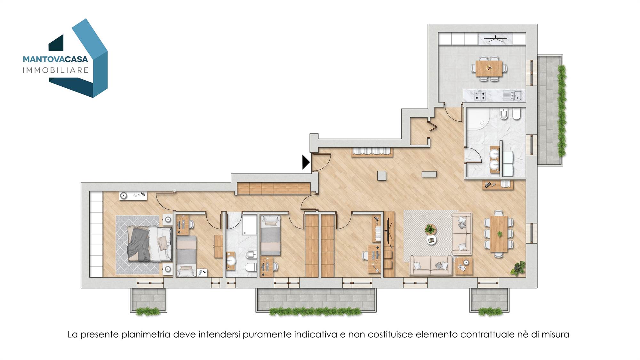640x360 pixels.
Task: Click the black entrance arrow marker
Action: [306, 162]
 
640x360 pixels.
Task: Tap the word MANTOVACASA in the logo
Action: [55, 59]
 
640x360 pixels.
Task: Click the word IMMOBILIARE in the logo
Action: [55, 70]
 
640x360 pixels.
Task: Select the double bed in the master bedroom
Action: [149, 244]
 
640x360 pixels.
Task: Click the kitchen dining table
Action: [489, 69]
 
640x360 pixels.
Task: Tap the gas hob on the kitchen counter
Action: [480, 95]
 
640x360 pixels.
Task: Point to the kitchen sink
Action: [512, 95]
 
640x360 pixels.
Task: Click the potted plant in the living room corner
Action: [518, 268]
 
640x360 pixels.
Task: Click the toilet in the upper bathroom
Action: [516, 114]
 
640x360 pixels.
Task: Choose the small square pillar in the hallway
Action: [381, 176]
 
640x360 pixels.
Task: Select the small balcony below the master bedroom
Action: [148, 300]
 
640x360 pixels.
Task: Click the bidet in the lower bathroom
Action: [250, 255]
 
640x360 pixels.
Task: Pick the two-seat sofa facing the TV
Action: [431, 265]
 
